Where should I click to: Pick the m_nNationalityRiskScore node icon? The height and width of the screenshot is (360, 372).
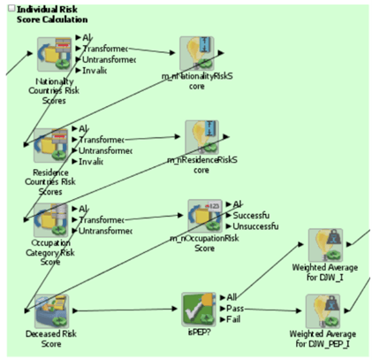pos(197,54)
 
